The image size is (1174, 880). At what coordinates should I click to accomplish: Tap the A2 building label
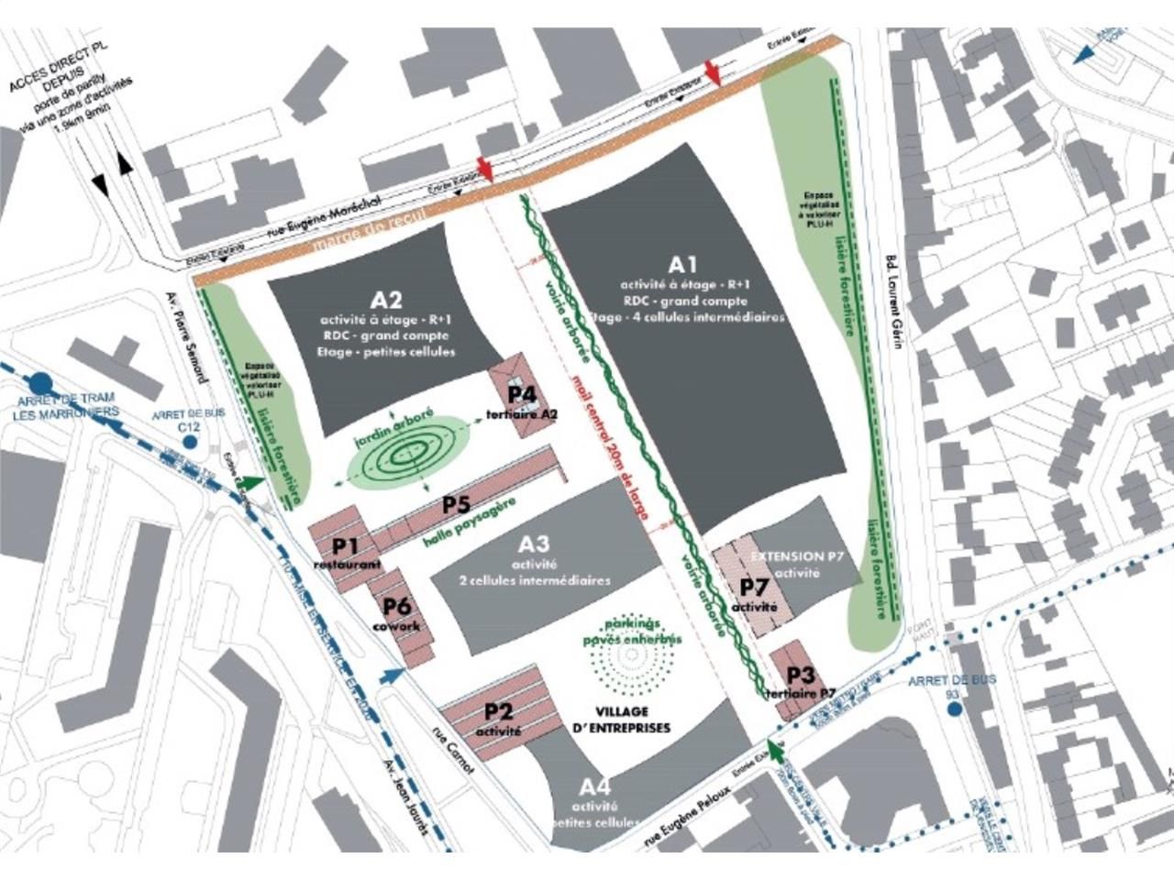[386, 300]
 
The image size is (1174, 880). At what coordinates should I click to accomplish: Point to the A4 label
[594, 787]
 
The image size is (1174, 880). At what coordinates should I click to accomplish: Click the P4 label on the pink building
[522, 394]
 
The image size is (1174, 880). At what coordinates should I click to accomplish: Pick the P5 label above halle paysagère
[456, 504]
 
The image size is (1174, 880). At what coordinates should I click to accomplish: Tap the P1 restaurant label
[344, 546]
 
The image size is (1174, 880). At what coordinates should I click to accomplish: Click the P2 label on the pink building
[498, 711]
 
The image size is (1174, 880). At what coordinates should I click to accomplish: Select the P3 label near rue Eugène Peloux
[801, 676]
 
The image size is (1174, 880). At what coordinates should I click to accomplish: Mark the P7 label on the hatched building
[754, 587]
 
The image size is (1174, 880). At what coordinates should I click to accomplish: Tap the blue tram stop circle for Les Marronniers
[40, 381]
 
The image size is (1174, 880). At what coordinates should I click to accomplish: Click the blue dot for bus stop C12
[189, 442]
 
